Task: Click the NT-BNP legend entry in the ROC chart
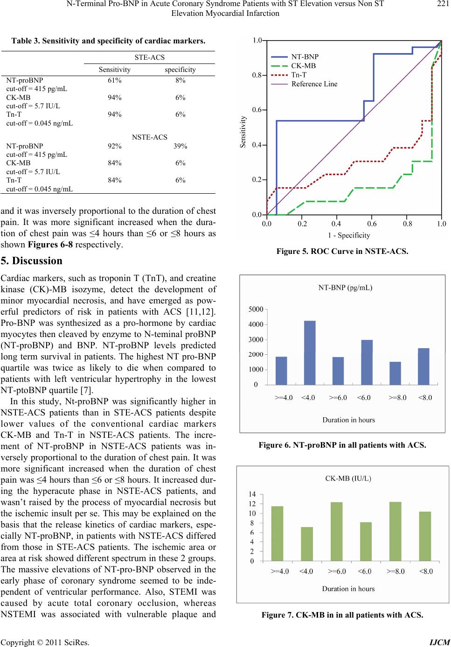[x=305, y=56]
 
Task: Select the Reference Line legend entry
[x=314, y=84]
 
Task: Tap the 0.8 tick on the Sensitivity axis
[x=257, y=75]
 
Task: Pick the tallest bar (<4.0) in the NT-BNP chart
[x=310, y=352]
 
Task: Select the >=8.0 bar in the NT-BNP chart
[x=395, y=373]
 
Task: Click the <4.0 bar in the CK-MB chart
[x=307, y=544]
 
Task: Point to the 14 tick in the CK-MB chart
[x=252, y=494]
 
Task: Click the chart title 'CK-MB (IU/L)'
[x=347, y=478]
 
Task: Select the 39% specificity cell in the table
[x=180, y=146]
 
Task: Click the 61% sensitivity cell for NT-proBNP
[x=115, y=80]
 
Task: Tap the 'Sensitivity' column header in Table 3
[x=115, y=70]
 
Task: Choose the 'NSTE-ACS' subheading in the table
[x=150, y=137]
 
